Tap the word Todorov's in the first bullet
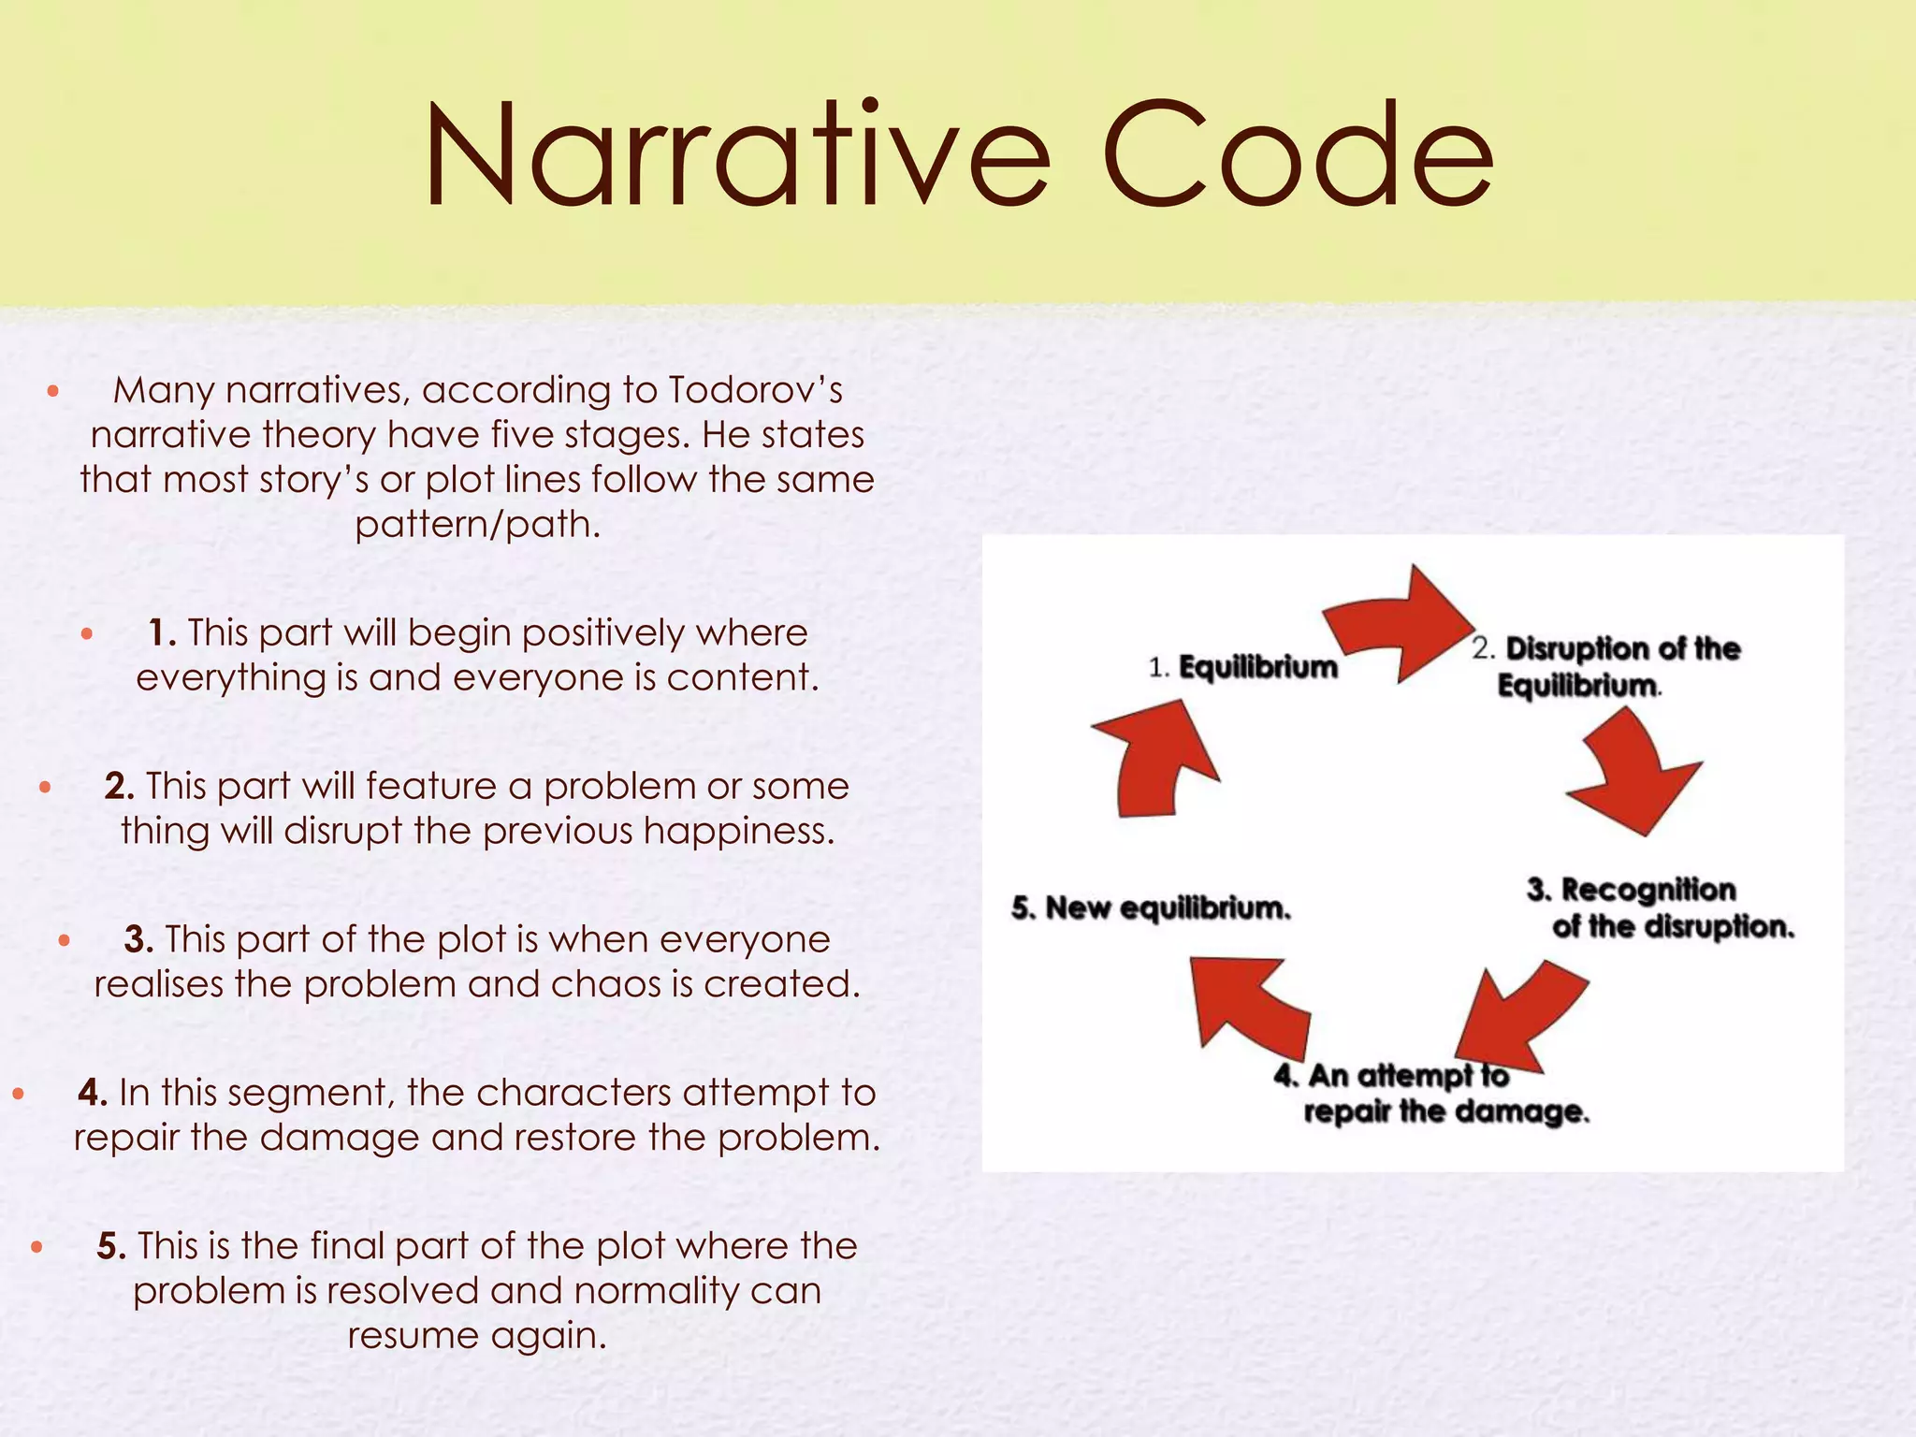755,390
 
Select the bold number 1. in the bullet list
162,633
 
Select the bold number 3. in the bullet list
138,939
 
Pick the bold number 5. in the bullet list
111,1246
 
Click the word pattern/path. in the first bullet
477,524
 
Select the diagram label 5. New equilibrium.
1151,907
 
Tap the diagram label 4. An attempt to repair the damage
1431,1093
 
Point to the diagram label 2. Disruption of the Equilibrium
1605,666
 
